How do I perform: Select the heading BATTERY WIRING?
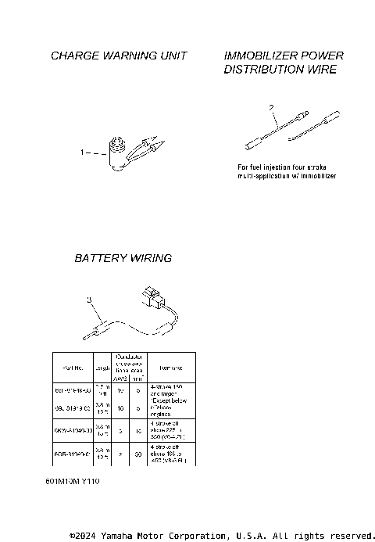pos(123,258)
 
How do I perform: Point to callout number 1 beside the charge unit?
pos(83,153)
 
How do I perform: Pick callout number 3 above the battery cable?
pos(89,299)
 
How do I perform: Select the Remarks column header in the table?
pos(171,367)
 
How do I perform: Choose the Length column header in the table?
pos(102,367)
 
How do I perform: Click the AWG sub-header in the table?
pos(121,377)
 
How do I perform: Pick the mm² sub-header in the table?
pos(137,377)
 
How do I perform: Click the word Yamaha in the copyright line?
pos(116,536)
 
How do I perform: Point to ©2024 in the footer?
pos(83,536)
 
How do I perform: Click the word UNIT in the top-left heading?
pos(174,56)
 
